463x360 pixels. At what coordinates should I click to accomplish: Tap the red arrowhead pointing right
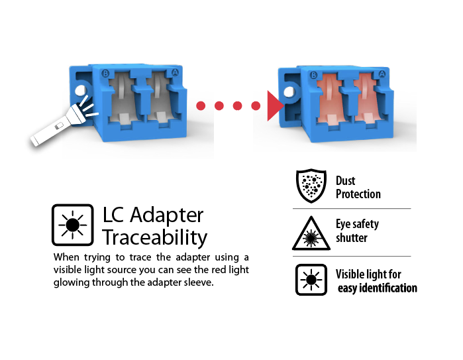tap(274, 106)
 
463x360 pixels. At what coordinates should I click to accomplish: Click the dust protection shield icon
tap(310, 185)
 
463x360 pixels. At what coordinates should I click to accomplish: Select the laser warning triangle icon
tap(310, 233)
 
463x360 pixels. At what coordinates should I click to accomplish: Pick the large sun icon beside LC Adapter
tap(72, 225)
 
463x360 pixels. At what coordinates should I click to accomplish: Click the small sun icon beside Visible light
tap(310, 280)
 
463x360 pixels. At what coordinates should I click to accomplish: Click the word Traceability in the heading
tap(154, 237)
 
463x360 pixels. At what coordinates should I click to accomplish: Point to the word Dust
tap(346, 180)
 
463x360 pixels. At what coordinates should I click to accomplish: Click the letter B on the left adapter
tap(105, 73)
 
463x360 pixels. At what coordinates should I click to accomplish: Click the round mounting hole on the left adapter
tap(81, 91)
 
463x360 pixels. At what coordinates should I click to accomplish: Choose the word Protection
tap(358, 194)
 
